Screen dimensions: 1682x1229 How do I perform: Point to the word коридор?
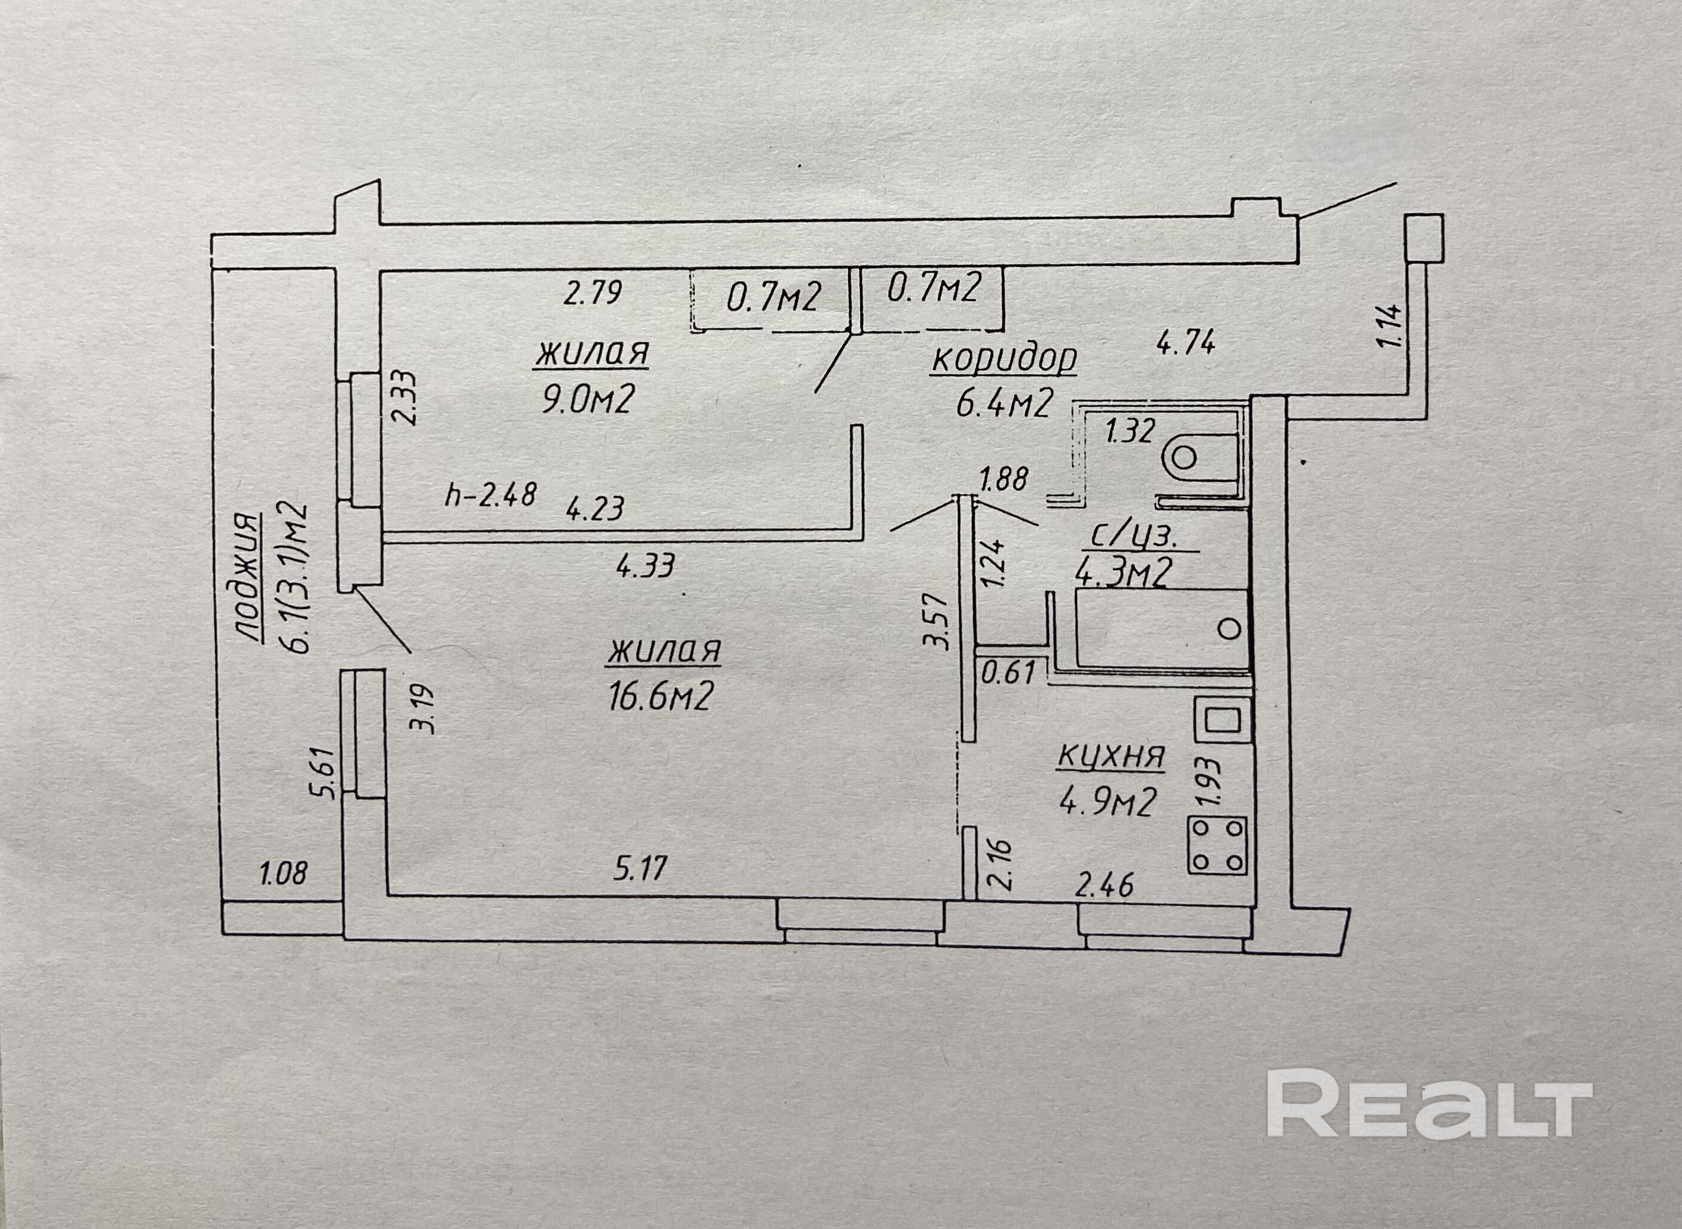(x=1004, y=359)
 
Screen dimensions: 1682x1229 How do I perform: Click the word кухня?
(x=1110, y=757)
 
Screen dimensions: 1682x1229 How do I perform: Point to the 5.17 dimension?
(x=641, y=868)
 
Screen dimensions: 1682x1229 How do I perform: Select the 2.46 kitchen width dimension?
(x=1104, y=885)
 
